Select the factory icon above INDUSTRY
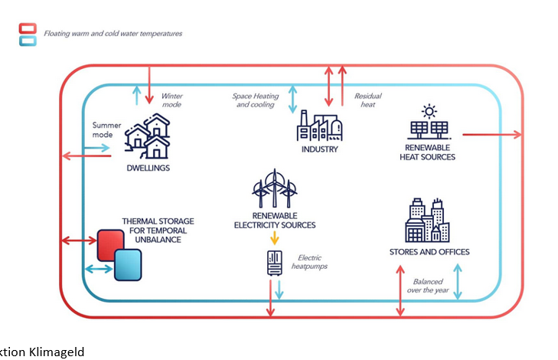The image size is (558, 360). tap(319, 126)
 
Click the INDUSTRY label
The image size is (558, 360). tap(319, 149)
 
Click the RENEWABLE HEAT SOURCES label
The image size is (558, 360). tap(427, 152)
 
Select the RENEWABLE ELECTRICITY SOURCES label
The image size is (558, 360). tap(275, 220)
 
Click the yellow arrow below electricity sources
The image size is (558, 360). tap(274, 238)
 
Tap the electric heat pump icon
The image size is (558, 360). tap(274, 263)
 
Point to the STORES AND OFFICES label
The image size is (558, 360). tap(429, 251)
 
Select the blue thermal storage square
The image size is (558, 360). tap(129, 264)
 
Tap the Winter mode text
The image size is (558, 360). tap(171, 100)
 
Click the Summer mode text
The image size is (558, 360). tap(103, 129)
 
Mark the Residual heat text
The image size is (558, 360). tap(367, 100)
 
